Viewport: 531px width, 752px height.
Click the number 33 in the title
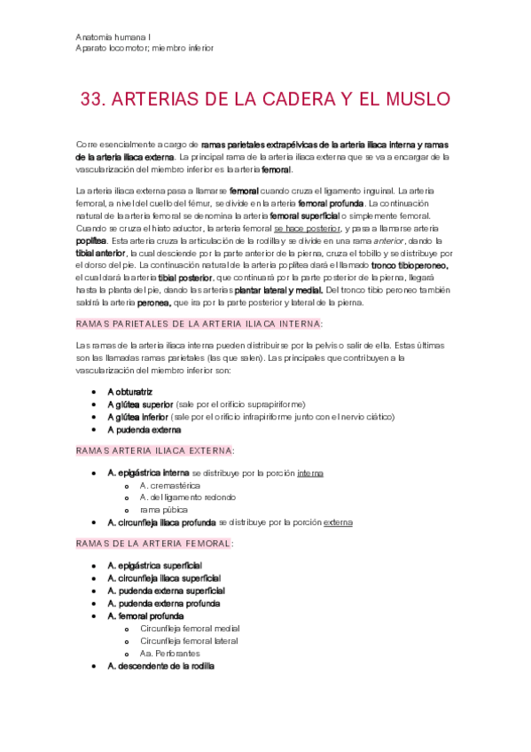[92, 98]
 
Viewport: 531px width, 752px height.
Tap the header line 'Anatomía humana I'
[114, 36]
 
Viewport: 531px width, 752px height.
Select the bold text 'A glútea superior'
[140, 403]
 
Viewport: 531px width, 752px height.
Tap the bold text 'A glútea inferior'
[138, 416]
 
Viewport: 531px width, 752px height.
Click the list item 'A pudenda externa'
[144, 429]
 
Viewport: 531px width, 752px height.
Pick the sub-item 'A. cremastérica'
[169, 485]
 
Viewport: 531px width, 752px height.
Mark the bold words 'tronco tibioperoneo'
[410, 265]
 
